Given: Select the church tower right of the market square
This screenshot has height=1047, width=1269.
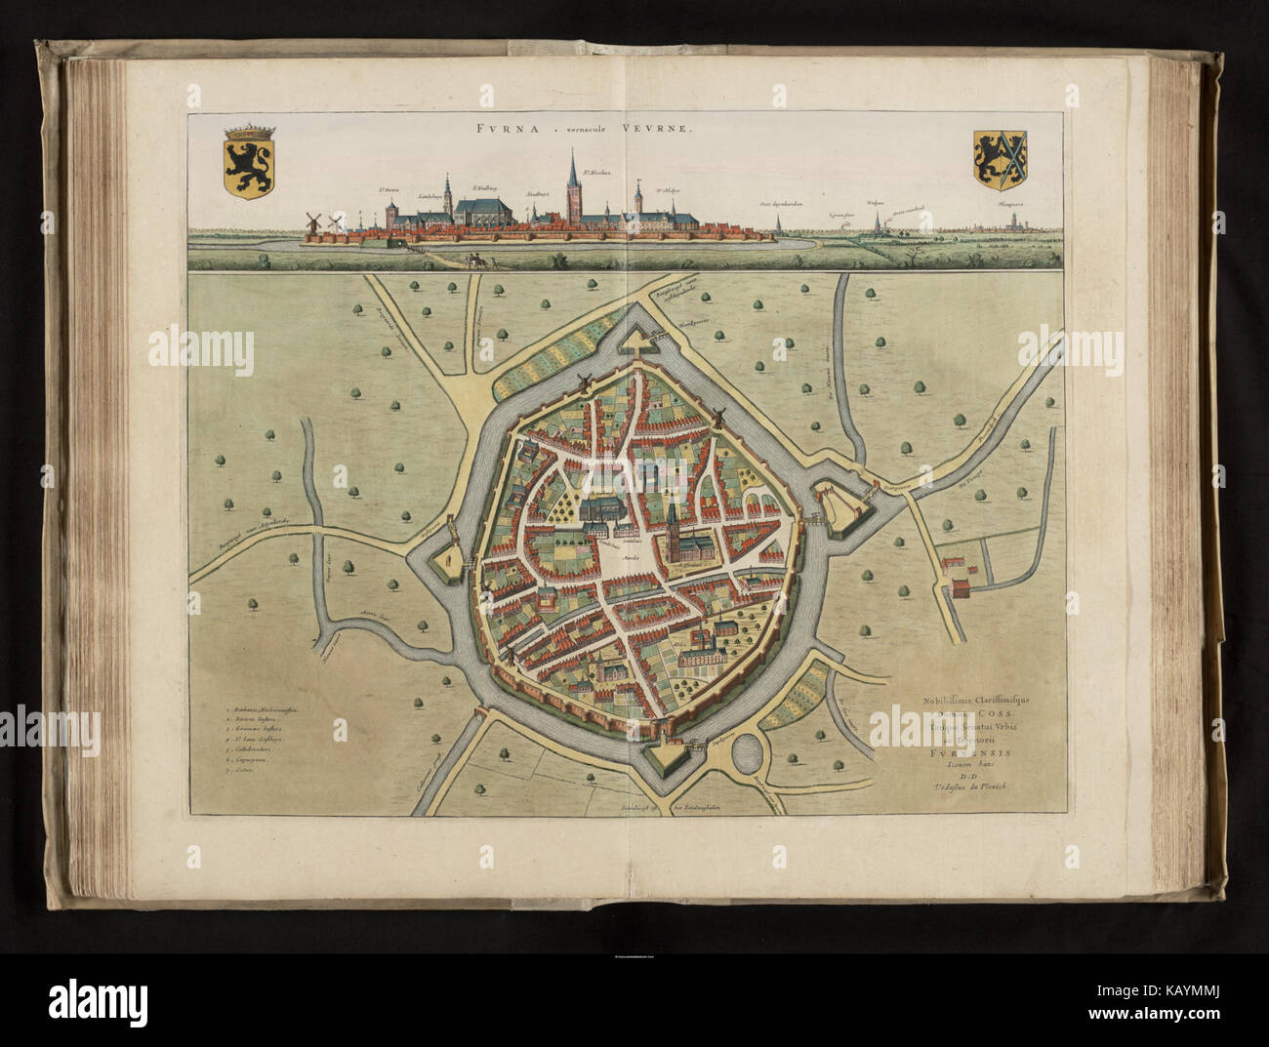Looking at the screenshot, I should click(x=675, y=522).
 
